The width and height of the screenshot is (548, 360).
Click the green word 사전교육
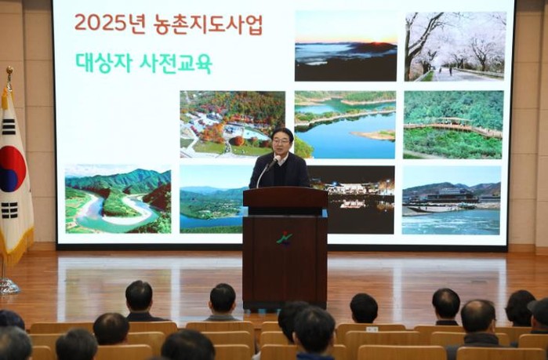176,64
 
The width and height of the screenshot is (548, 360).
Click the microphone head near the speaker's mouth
278,159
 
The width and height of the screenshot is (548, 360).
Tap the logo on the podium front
285,238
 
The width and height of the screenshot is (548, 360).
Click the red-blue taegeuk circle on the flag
12,169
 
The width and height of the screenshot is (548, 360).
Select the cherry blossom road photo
455,46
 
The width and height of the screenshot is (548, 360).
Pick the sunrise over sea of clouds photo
346,45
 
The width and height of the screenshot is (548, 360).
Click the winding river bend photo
118,199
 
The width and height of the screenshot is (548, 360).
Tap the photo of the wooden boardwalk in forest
453,125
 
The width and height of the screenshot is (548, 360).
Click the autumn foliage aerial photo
232,125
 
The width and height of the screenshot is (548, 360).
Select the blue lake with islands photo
345,125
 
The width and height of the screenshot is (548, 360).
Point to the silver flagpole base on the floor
8,286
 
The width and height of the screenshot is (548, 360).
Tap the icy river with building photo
452,200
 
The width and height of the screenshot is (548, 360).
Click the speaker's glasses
281,141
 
